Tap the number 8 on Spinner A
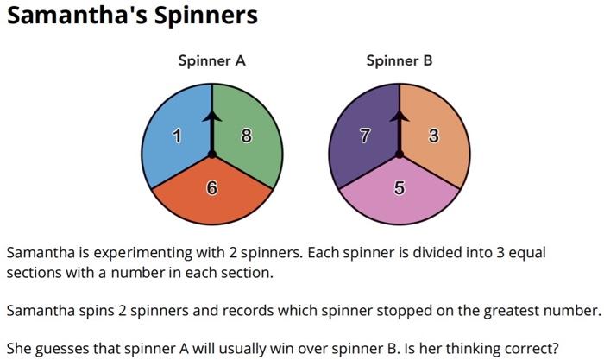click(247, 135)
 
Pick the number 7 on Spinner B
click(365, 136)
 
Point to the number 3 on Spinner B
click(434, 135)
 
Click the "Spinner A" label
click(212, 60)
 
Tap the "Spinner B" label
click(400, 60)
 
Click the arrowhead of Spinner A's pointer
click(211, 114)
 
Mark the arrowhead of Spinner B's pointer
click(400, 114)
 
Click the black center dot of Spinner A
click(211, 155)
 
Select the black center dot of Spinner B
click(400, 155)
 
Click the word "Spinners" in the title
click(204, 16)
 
